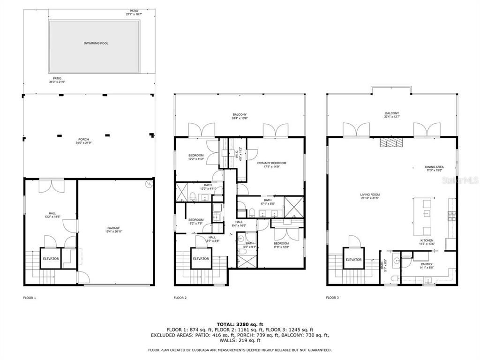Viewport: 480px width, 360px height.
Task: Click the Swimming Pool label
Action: coord(96,43)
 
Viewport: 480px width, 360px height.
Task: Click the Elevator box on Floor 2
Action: coord(201,258)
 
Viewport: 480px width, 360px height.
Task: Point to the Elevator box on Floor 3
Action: coord(353,260)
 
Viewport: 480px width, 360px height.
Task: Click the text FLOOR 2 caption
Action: coord(180,297)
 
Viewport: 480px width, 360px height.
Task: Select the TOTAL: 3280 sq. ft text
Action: coord(240,324)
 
